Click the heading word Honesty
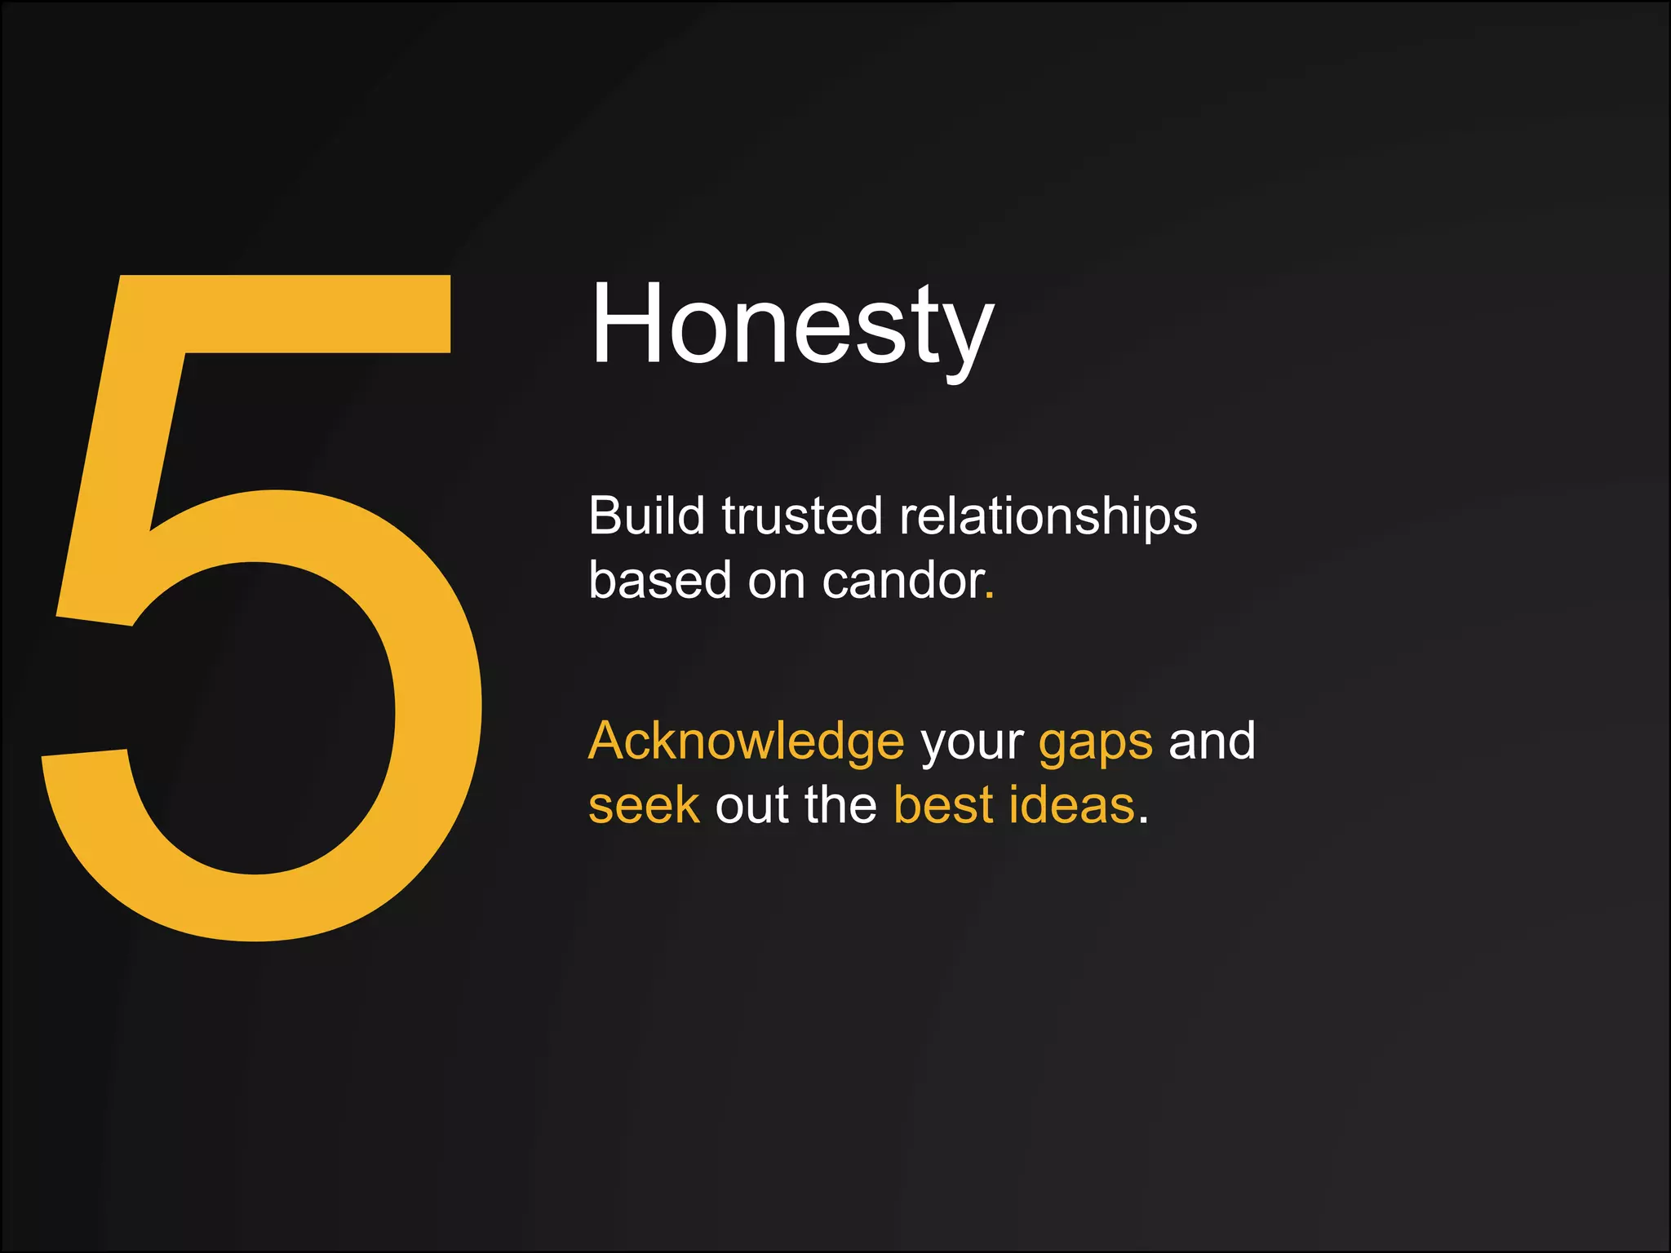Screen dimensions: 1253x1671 coord(791,325)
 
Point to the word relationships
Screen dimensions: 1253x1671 coord(1048,517)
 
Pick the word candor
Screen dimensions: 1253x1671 coord(902,580)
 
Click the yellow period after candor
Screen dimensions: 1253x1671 coord(990,596)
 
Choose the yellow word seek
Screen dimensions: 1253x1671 coord(644,805)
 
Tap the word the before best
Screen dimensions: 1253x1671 coord(840,805)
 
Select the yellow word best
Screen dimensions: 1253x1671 coord(944,805)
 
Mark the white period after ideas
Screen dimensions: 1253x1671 coord(1144,821)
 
